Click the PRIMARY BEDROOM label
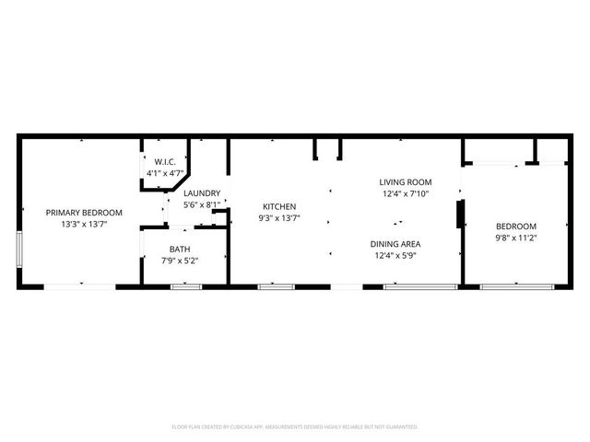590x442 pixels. tap(84, 213)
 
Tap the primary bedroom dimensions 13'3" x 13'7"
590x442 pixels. tap(84, 224)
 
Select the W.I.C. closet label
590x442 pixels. tap(152, 162)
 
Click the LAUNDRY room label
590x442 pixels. tap(201, 192)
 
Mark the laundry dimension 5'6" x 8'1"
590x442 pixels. tap(201, 204)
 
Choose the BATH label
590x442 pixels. tap(180, 249)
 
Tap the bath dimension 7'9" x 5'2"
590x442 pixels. tap(180, 260)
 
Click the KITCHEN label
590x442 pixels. tap(279, 206)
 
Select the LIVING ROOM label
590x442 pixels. tap(406, 182)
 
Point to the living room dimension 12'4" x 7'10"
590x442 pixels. tap(406, 193)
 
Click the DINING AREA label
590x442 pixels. tap(395, 243)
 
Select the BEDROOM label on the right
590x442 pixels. tap(516, 226)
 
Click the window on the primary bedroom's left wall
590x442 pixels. tap(19, 250)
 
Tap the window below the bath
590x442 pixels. tap(185, 287)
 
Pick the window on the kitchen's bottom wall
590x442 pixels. tap(275, 287)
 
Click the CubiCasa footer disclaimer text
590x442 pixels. tap(295, 427)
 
